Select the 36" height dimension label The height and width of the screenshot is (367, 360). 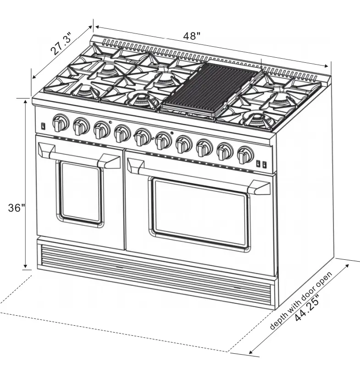pyautogui.click(x=17, y=208)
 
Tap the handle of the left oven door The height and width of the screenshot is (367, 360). pyautogui.click(x=80, y=156)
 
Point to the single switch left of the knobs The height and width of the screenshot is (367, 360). pyautogui.click(x=42, y=125)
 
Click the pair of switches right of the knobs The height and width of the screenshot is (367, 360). pyautogui.click(x=261, y=163)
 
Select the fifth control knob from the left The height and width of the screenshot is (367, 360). pyautogui.click(x=142, y=136)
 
